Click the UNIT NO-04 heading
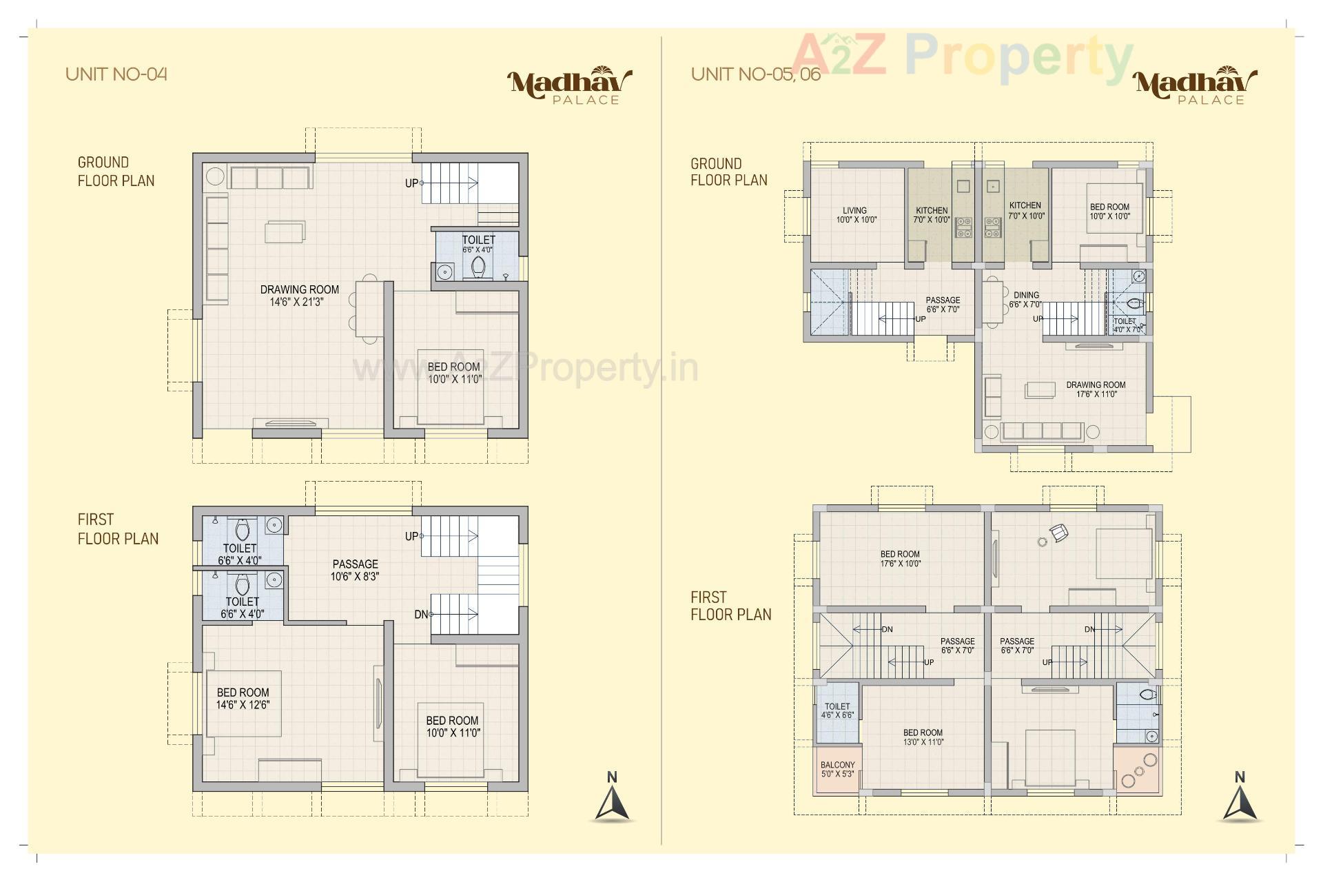point(116,74)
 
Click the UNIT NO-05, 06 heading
point(755,74)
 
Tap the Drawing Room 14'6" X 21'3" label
point(299,296)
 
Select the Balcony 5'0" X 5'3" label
point(837,769)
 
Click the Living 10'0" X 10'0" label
point(855,216)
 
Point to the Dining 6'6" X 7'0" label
point(1025,300)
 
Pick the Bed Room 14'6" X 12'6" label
point(243,698)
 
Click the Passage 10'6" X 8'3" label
point(355,570)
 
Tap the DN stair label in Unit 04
point(421,615)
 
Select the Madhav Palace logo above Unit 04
point(569,85)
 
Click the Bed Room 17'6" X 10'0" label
point(900,559)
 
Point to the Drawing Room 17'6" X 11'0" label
point(1096,389)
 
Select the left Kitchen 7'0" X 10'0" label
point(932,215)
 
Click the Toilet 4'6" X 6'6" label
point(837,710)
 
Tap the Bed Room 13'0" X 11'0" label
point(923,737)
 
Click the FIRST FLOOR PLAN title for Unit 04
point(117,529)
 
